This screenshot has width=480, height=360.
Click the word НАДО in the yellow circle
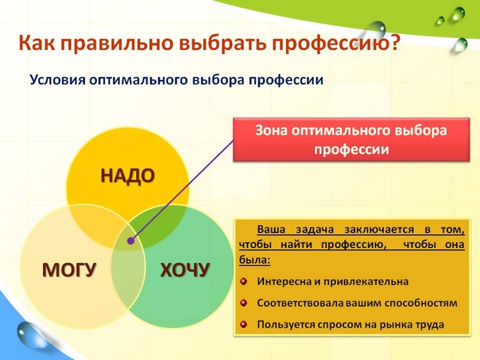pyautogui.click(x=128, y=176)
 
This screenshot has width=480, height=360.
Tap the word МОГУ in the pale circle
pyautogui.click(x=69, y=269)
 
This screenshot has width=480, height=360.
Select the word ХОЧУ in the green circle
pyautogui.click(x=185, y=270)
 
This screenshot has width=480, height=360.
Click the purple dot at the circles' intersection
pyautogui.click(x=130, y=241)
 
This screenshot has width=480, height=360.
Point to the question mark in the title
pyautogui.click(x=395, y=43)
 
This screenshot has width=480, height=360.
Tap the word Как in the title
pyautogui.click(x=37, y=43)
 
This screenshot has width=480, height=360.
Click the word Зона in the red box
pyautogui.click(x=271, y=130)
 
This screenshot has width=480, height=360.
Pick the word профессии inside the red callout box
pyautogui.click(x=351, y=150)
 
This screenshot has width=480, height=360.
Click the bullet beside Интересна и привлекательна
pyautogui.click(x=244, y=281)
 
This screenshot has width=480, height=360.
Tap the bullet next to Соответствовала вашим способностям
pyautogui.click(x=244, y=303)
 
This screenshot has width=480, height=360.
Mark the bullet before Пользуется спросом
pyautogui.click(x=244, y=324)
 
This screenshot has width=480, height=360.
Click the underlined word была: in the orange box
pyautogui.click(x=254, y=261)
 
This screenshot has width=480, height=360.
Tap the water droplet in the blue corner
pyautogui.click(x=26, y=335)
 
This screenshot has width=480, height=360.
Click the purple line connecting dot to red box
pyautogui.click(x=182, y=191)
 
